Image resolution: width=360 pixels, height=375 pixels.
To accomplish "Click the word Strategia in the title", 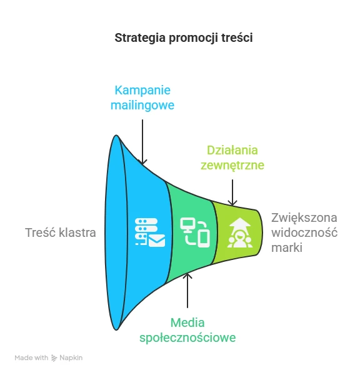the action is coord(140,38).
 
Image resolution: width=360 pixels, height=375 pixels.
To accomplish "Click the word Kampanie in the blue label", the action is coord(142,91).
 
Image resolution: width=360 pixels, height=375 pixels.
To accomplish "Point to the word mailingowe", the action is coord(142,105).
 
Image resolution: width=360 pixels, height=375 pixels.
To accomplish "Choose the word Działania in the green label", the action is coord(232,151).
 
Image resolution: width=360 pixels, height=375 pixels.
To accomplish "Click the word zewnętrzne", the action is coord(232,165).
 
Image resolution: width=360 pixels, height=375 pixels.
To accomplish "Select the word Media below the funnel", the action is coord(187,323).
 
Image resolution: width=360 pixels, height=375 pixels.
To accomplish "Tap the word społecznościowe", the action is coord(187,337).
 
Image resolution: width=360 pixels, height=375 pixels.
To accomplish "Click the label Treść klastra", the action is coord(61,232).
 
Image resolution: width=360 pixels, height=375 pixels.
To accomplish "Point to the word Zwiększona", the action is coord(304,218).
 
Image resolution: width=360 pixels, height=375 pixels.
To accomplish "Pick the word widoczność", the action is coord(304,232).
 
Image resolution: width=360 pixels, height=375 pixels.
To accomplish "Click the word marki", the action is coord(287,247).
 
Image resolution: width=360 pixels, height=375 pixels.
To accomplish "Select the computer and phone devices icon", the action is coord(195,232).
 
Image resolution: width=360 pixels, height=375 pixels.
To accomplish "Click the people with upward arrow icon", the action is coord(240,232).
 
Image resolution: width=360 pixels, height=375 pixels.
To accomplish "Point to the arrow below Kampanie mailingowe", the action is coord(142,142).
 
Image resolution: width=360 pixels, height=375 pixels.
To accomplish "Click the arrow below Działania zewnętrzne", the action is coord(232,192).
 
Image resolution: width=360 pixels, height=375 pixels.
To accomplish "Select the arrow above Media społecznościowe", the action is coord(187,291).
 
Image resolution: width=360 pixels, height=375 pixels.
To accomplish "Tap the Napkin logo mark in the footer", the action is coord(54,358).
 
